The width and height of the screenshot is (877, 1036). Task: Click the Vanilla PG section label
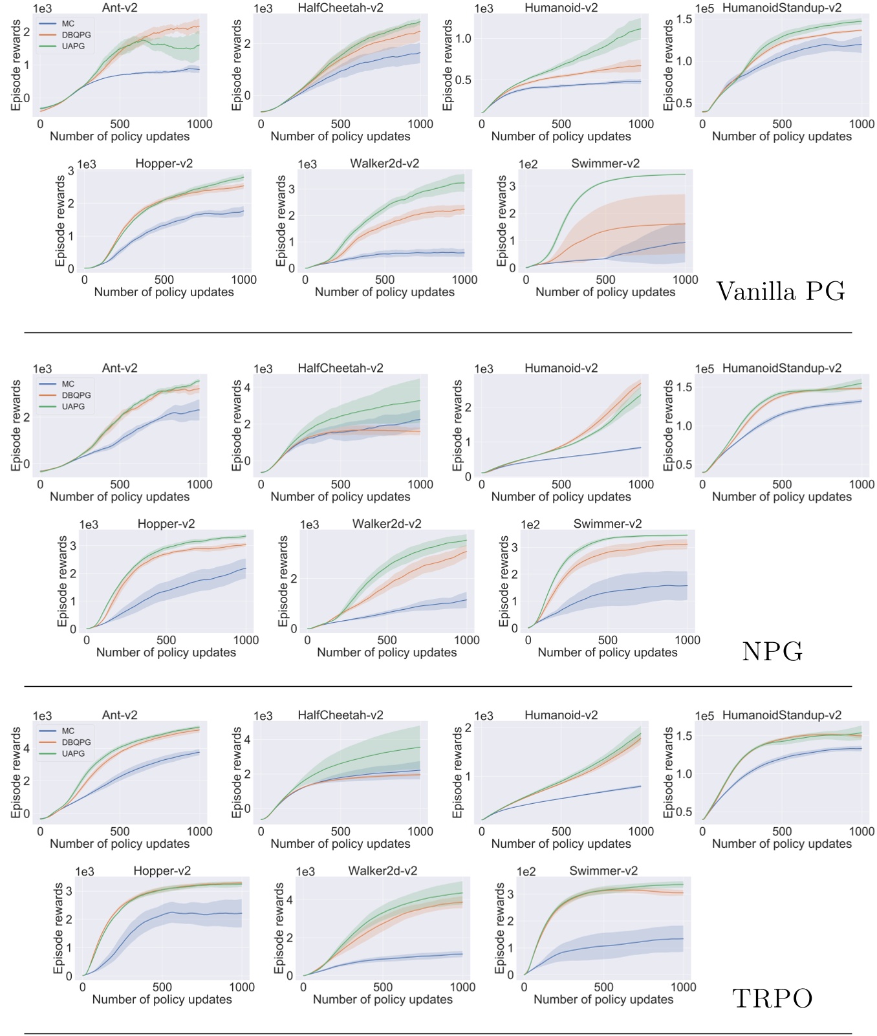(x=780, y=292)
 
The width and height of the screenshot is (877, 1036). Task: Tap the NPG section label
(x=772, y=651)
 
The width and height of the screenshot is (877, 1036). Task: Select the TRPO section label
(x=772, y=998)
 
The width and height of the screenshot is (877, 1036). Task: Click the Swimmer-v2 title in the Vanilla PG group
(x=605, y=164)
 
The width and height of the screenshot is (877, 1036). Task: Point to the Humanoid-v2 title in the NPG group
(x=561, y=368)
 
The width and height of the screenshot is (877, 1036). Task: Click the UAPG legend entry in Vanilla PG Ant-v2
(x=73, y=47)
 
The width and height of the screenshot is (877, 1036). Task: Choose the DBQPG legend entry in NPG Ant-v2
(x=76, y=395)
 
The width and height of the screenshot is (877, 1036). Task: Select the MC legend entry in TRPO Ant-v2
(x=68, y=731)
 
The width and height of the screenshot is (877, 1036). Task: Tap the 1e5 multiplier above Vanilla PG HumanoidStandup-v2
(x=704, y=8)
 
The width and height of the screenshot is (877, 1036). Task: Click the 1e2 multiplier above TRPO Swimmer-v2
(x=526, y=872)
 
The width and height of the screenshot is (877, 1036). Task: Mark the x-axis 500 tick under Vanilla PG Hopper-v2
(x=164, y=280)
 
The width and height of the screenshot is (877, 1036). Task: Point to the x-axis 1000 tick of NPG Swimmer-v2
(x=687, y=640)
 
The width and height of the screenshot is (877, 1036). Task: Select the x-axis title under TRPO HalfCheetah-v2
(x=340, y=844)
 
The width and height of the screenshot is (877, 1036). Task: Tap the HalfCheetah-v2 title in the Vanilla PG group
(x=340, y=8)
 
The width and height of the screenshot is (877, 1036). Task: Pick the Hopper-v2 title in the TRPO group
(x=162, y=871)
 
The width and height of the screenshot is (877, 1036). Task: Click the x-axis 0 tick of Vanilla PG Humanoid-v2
(x=482, y=124)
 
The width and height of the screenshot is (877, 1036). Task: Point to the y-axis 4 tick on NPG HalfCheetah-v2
(x=248, y=388)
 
